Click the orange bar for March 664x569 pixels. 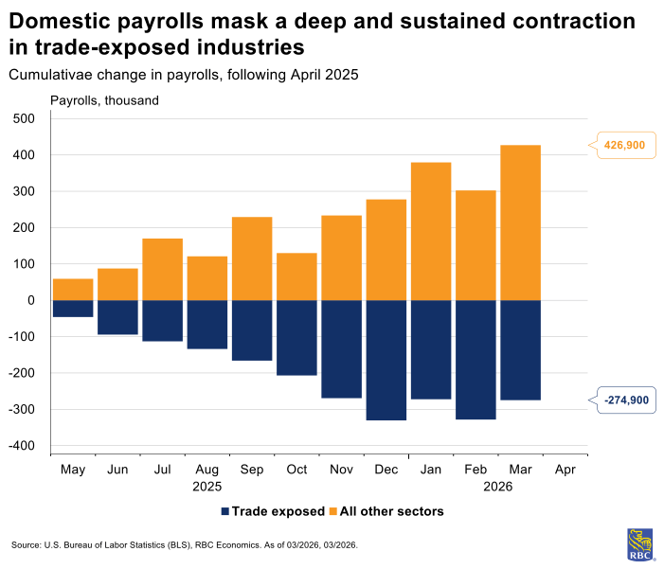pos(520,222)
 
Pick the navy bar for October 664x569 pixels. pos(296,338)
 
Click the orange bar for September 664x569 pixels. pos(252,258)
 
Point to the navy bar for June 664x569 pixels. pos(117,317)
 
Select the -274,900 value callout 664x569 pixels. pos(625,400)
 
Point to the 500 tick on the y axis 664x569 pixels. pos(23,118)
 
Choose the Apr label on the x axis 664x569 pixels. pos(565,469)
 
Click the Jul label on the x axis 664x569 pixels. pos(162,469)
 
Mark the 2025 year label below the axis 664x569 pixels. pos(206,486)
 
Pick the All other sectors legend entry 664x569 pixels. pos(386,511)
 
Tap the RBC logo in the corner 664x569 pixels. pos(639,544)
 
